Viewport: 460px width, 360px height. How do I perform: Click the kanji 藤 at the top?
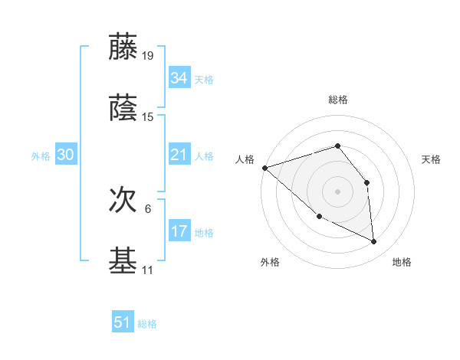[x=123, y=47]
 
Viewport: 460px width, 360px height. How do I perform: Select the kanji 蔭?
[x=123, y=109]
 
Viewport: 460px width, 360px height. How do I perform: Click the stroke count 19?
[x=148, y=56]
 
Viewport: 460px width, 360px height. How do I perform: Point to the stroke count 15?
[x=148, y=117]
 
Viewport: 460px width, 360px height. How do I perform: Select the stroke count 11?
[x=148, y=270]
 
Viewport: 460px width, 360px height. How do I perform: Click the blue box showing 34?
[x=179, y=78]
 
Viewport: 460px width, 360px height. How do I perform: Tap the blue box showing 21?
[x=179, y=155]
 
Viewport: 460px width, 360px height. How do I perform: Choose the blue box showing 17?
[x=179, y=232]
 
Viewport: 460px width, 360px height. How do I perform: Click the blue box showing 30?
[x=65, y=155]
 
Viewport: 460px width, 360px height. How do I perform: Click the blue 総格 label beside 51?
[x=147, y=324]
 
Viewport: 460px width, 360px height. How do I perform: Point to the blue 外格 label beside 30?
[x=41, y=156]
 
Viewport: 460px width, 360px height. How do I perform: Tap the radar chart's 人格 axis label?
[x=245, y=159]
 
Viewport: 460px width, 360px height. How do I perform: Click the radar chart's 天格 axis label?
[x=432, y=159]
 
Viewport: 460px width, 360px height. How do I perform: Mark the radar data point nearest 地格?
[x=374, y=242]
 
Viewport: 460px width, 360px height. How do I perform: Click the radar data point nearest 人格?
[x=264, y=168]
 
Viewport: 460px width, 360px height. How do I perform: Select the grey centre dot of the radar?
[x=337, y=191]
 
